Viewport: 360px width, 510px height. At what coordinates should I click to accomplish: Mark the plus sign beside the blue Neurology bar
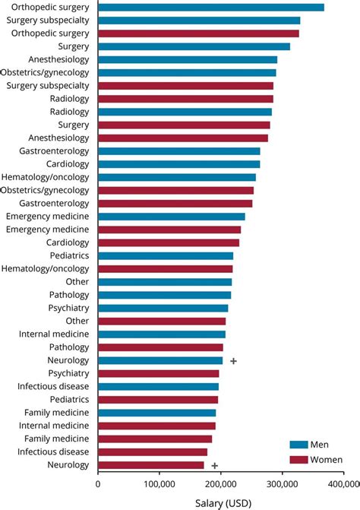[233, 360]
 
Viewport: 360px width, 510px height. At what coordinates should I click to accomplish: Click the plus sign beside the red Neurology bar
[215, 465]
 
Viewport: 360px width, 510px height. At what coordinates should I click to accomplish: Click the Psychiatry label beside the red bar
[69, 373]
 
